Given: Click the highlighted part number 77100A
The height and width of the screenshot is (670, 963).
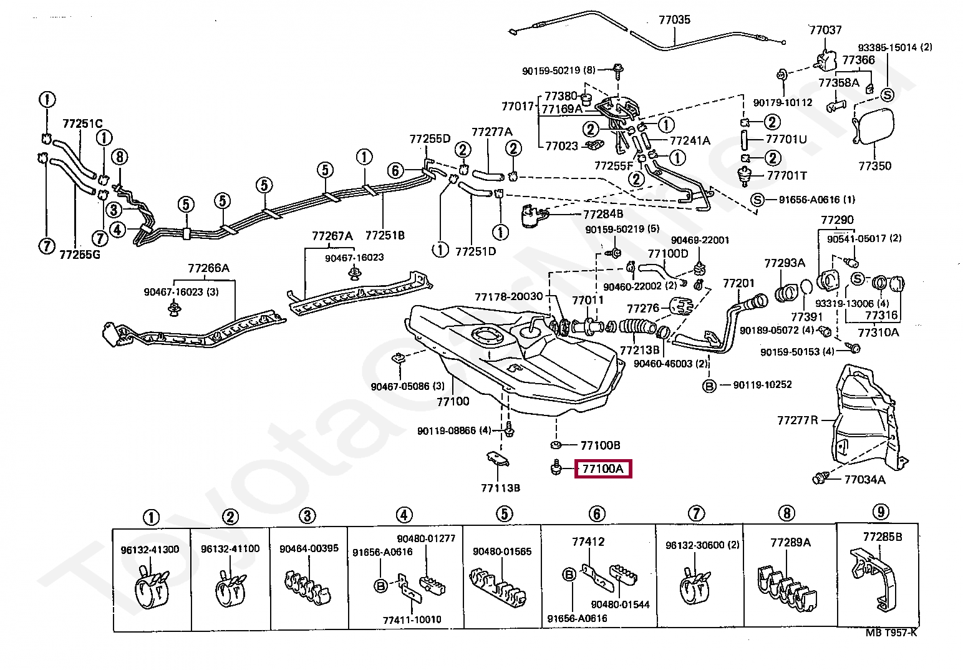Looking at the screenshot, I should [x=602, y=468].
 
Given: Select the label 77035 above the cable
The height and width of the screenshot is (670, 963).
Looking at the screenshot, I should [x=674, y=19].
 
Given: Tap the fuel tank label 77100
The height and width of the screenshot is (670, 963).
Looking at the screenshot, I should [x=452, y=401].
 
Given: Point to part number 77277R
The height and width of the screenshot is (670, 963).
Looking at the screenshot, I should [x=796, y=420].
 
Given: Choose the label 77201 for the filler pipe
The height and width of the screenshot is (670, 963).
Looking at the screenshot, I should [x=738, y=283].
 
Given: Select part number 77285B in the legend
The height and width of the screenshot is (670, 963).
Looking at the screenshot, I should [x=883, y=536].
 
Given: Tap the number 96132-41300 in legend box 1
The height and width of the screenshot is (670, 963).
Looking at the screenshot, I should [x=150, y=550].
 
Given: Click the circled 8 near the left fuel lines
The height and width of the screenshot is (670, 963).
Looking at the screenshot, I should [x=120, y=157].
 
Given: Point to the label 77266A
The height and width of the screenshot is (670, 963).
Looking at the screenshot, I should [x=208, y=268].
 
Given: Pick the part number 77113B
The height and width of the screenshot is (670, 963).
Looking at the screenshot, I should [x=500, y=487].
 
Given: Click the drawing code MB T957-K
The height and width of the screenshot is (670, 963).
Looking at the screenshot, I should [x=891, y=633].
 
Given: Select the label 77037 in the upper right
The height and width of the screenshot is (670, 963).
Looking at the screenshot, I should [x=825, y=29].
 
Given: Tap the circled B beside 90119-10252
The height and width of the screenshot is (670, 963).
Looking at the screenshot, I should [x=709, y=385].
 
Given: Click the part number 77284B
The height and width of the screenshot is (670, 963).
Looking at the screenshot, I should [x=603, y=213].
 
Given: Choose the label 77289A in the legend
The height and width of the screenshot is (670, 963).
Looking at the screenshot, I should [x=790, y=542].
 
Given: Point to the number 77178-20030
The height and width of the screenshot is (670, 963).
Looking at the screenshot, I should [x=508, y=296].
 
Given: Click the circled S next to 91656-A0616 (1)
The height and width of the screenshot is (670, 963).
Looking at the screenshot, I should [x=757, y=200].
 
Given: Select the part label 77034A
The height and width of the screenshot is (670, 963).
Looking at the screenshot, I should [x=864, y=479].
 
